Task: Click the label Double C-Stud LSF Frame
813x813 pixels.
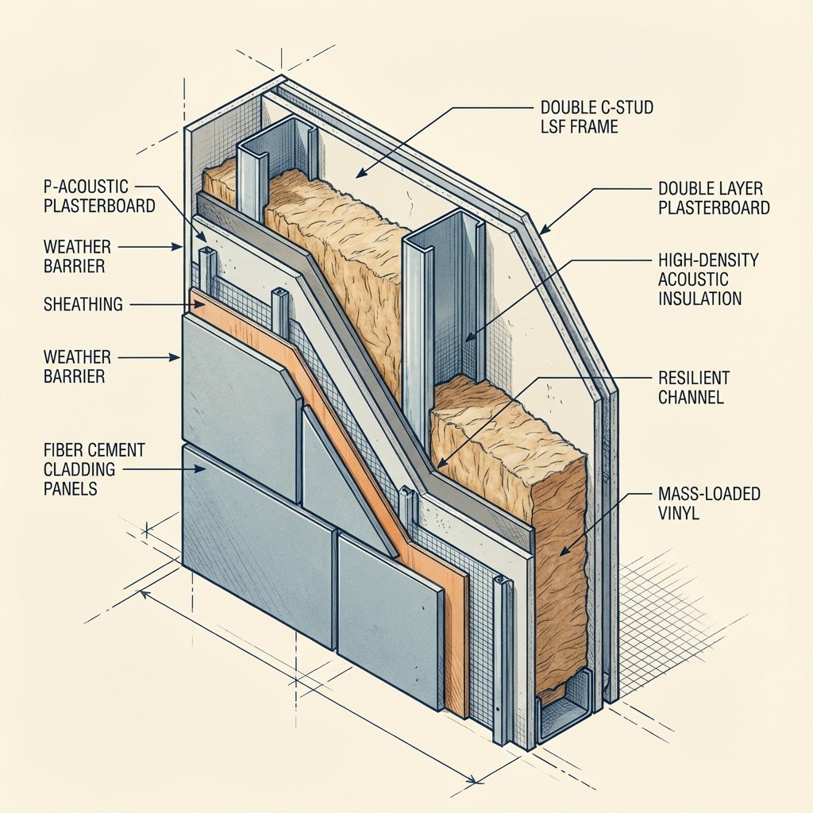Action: point(596,116)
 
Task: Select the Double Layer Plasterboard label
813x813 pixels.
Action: point(714,198)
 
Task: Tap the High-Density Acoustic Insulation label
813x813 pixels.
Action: point(708,279)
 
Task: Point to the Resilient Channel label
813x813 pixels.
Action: point(693,387)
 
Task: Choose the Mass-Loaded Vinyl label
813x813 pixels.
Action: point(709,503)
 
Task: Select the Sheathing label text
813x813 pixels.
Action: point(84,303)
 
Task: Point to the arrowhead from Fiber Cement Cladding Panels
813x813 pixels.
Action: point(204,470)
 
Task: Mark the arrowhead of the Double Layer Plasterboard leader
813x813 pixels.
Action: point(541,232)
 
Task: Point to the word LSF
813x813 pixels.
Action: point(557,126)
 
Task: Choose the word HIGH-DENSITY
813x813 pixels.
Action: point(708,260)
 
